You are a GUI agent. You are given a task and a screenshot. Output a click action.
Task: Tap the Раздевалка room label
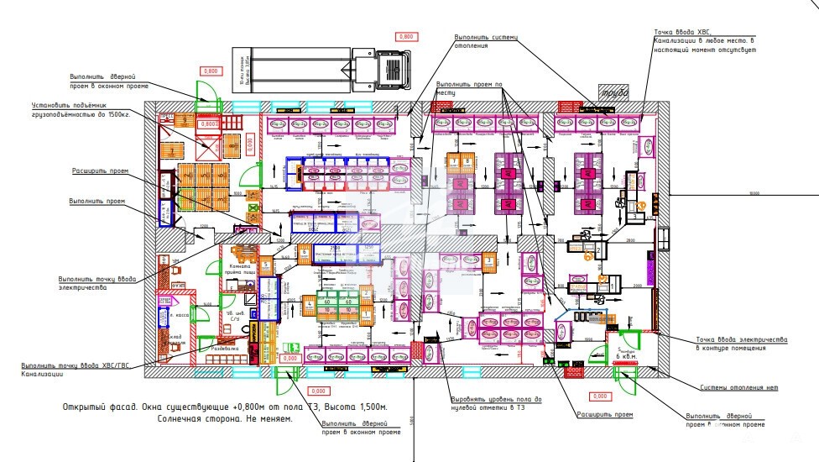click(227, 347)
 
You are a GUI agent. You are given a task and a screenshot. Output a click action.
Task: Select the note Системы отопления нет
click(738, 387)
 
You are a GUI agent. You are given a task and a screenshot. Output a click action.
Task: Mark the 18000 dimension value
click(753, 193)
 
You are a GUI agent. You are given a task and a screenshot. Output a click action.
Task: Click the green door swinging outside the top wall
click(205, 92)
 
